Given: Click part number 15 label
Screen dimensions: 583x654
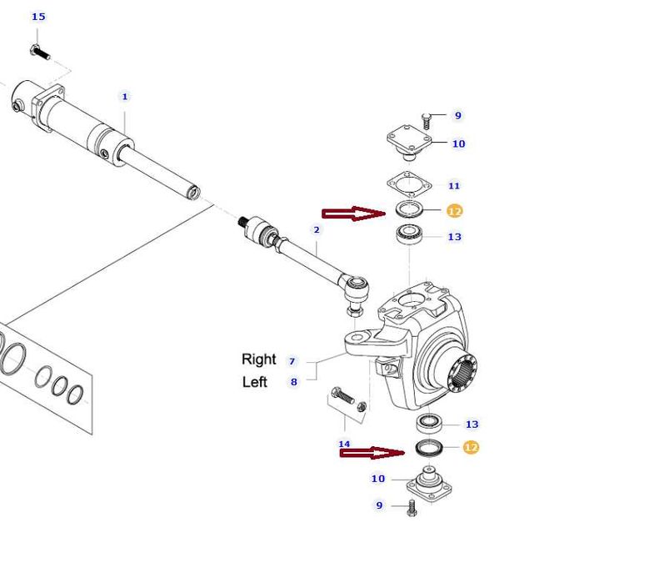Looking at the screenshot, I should coord(38,17).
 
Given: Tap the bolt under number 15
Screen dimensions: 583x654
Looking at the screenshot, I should coord(40,52).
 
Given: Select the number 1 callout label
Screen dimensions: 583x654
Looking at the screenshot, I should coord(125,97).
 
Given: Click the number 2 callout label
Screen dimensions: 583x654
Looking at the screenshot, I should coord(317,229).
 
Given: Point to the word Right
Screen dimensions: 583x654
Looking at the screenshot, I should coord(258,359).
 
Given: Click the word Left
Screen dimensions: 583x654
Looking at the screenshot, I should coord(255,382).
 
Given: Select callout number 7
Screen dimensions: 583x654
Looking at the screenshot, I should coord(292,361).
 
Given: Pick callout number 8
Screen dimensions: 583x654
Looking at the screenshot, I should coord(292,382).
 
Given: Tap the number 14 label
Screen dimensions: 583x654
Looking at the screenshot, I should coord(344,444).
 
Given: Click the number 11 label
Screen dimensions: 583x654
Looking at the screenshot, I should coord(454,185).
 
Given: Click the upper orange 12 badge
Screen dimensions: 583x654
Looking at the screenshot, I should coord(454,211).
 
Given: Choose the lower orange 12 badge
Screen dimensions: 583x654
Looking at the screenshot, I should coord(471,447).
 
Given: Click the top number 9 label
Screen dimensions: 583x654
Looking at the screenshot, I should coord(457,115).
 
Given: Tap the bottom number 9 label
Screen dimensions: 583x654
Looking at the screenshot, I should coord(379,505).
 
